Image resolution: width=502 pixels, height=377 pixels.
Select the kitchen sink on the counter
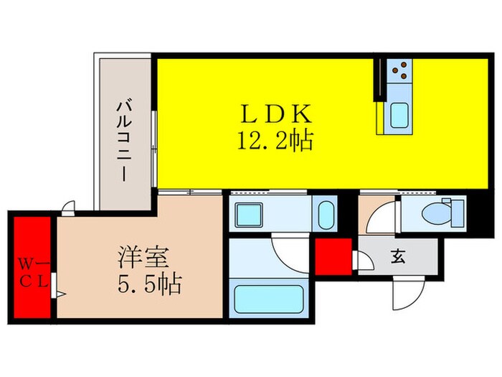399,117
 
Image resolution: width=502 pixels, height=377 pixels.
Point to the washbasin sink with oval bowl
326,213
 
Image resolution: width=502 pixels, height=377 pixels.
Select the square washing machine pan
252,213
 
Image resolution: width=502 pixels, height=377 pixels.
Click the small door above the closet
67,208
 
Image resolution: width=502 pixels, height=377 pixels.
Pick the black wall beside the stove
376,79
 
